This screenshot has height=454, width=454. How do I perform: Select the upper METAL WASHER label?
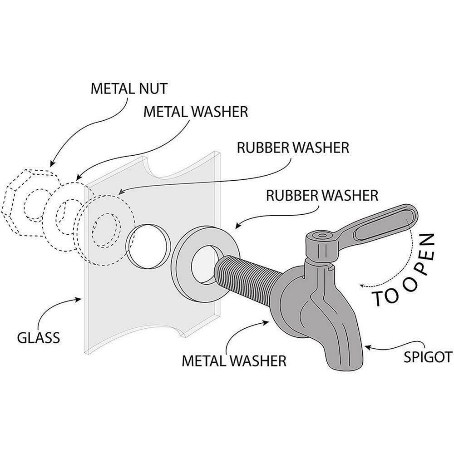(x=196, y=111)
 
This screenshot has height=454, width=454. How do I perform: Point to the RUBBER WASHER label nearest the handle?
(x=322, y=196)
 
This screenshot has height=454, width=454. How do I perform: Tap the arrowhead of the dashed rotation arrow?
(x=362, y=285)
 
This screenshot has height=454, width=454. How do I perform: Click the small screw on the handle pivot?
(x=321, y=236)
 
